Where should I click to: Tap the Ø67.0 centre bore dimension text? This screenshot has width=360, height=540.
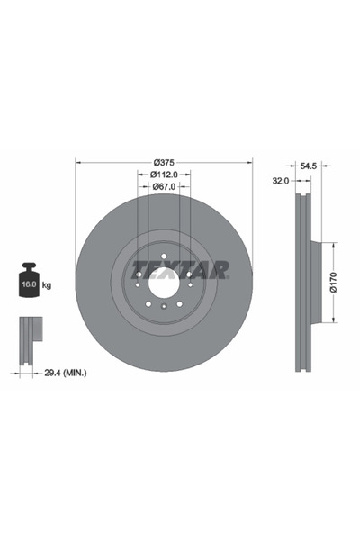click(x=164, y=186)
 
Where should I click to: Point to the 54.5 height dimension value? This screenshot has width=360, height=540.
click(x=309, y=166)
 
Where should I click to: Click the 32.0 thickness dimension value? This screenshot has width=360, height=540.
click(x=280, y=181)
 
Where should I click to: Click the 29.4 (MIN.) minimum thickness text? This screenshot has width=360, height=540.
click(x=64, y=370)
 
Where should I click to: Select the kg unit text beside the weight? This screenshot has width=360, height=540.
click(x=47, y=285)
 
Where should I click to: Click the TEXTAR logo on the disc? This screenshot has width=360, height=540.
click(x=181, y=269)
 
